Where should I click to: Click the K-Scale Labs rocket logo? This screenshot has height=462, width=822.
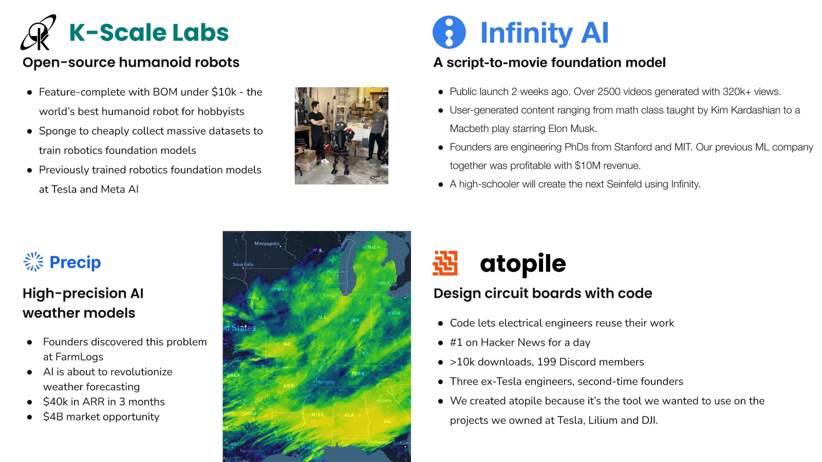coord(39,32)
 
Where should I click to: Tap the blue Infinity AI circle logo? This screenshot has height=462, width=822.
coord(449,32)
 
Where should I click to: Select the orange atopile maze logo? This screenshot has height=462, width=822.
coord(445,263)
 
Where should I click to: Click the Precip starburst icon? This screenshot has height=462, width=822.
coord(33,262)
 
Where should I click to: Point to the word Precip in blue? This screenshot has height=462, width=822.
coord(75,262)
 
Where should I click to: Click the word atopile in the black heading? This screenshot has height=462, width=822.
coord(523,263)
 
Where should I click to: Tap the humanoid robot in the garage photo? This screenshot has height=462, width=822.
coord(341,147)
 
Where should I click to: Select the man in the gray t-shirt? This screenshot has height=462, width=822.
coord(376,130)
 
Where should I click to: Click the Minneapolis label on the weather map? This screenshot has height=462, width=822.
coord(267,244)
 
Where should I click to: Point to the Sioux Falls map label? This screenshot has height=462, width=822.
coord(243,264)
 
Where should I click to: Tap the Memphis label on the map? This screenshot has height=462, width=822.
coord(326,382)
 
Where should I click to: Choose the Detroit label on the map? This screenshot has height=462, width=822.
coord(382,283)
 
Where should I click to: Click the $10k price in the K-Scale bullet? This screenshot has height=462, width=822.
coord(224,92)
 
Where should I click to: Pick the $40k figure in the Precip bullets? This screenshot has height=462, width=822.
coord(55,401)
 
